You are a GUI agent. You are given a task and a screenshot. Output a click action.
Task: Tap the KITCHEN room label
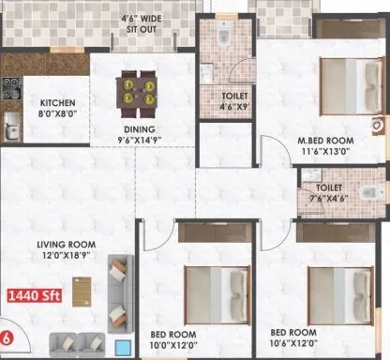click(x=49, y=102)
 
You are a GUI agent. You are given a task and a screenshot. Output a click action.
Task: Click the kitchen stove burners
click(x=14, y=87)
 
